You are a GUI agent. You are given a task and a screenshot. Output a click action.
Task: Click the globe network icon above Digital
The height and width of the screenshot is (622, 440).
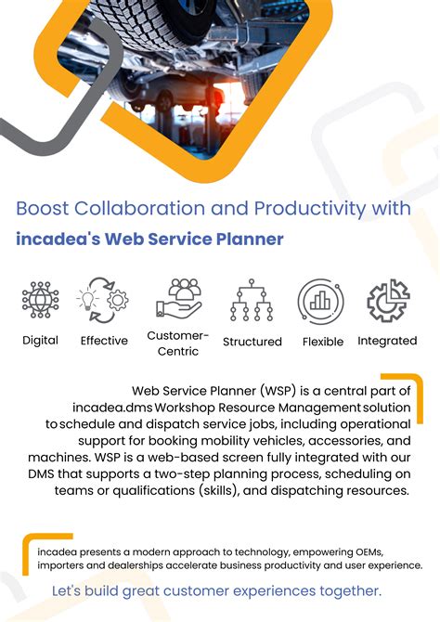40,300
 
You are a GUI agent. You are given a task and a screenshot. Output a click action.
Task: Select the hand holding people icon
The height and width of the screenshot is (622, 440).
178,297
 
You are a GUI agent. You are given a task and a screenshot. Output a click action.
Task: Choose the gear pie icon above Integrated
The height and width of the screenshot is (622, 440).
388,301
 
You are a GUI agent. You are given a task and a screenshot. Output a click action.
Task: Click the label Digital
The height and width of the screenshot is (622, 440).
40,341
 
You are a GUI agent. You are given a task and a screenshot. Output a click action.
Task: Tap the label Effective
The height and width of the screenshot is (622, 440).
104,341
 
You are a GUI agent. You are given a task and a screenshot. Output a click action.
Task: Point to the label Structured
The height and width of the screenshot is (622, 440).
252,342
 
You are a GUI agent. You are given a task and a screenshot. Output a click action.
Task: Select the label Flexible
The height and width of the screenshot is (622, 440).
323,342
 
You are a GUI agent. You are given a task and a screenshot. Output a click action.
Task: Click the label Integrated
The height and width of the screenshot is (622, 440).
387,341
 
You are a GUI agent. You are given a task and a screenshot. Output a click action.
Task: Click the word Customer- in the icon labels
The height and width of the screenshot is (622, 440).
178,335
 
